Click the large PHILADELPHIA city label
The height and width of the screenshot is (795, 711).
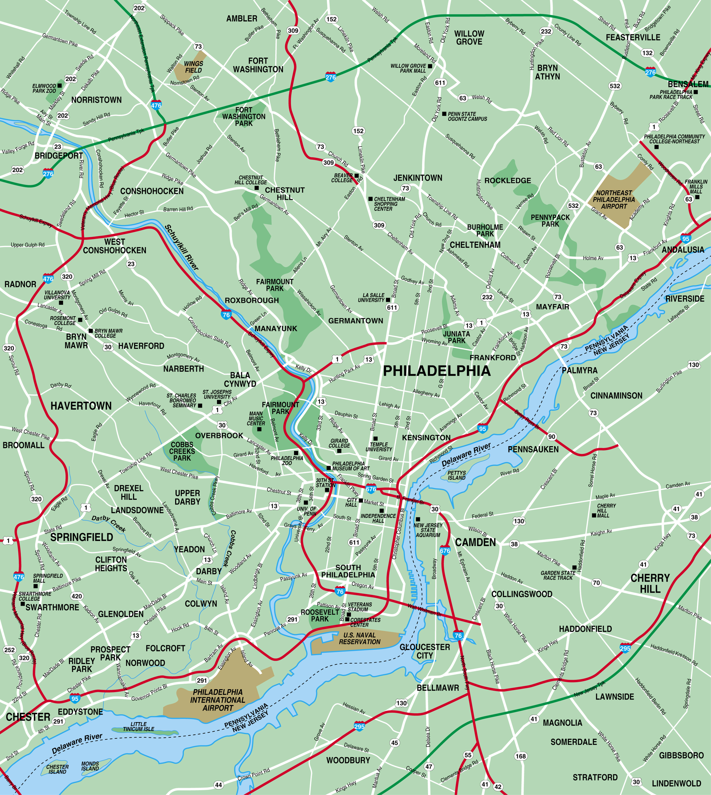(436, 371)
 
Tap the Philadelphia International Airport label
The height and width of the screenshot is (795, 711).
(218, 700)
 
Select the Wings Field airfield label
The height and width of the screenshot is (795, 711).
(193, 67)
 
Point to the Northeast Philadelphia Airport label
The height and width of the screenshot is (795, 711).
(614, 199)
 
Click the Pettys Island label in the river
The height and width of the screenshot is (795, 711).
(456, 475)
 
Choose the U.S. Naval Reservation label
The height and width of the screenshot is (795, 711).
(360, 639)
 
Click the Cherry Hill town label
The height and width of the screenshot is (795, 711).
(650, 583)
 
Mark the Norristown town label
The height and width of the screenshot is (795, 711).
(97, 100)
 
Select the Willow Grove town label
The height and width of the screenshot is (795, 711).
(469, 37)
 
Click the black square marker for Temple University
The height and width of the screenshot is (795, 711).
(375, 439)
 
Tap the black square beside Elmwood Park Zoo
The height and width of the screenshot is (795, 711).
(60, 85)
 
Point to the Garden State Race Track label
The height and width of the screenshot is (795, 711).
(558, 575)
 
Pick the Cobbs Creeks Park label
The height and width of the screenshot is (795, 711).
(182, 451)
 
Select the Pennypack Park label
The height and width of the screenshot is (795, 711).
(550, 220)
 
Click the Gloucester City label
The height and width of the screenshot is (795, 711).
(425, 651)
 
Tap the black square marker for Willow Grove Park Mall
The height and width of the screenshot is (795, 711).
(430, 66)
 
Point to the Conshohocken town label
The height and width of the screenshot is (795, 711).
(151, 191)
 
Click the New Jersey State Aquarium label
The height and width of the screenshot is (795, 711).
(428, 530)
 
